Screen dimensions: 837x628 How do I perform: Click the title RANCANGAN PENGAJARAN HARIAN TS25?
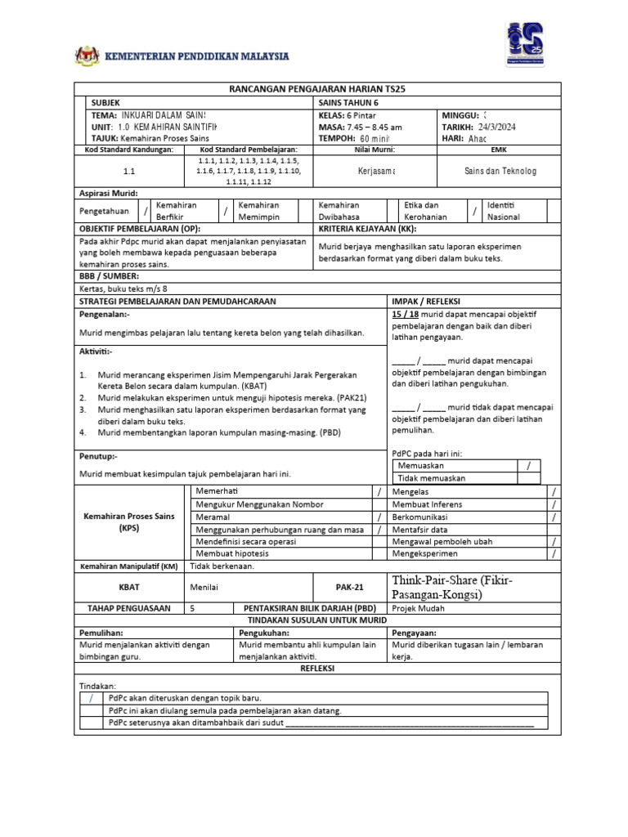(x=314, y=89)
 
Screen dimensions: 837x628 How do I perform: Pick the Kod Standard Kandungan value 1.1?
(x=129, y=172)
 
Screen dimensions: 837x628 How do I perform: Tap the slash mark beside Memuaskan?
(x=529, y=464)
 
